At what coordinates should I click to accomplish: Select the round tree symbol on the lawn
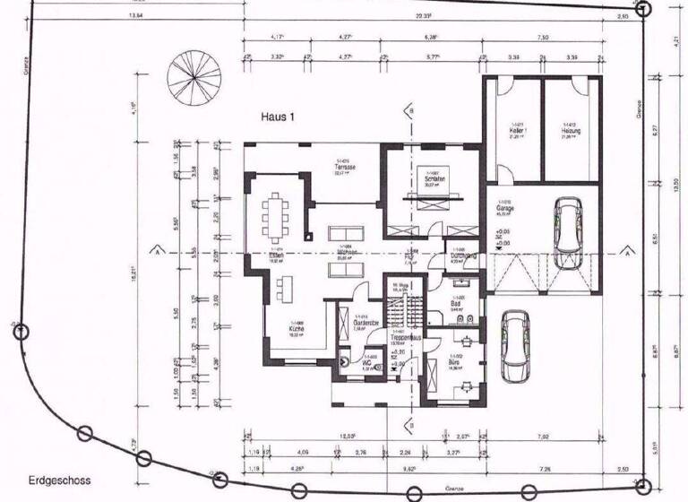[x=193, y=72]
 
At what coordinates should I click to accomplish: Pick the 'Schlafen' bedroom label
[x=433, y=178]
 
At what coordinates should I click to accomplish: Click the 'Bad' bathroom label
[x=458, y=303]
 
